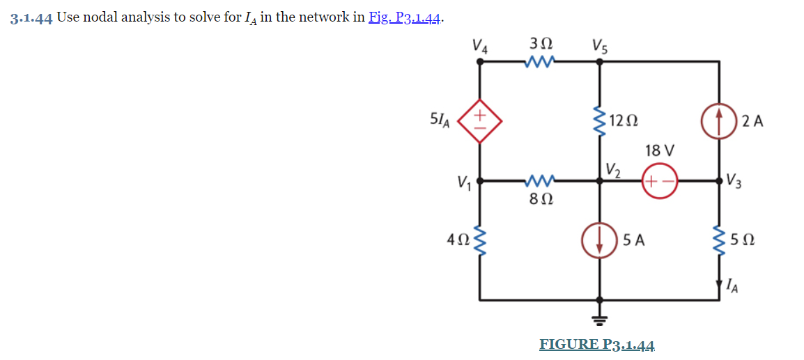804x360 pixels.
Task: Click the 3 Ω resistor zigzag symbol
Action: tap(541, 63)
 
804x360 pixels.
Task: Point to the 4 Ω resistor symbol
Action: tap(479, 240)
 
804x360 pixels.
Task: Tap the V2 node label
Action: tap(613, 169)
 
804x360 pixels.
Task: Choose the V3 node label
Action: tap(734, 185)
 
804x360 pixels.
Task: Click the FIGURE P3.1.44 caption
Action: tap(597, 344)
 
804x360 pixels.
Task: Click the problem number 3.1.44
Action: tap(31, 18)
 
